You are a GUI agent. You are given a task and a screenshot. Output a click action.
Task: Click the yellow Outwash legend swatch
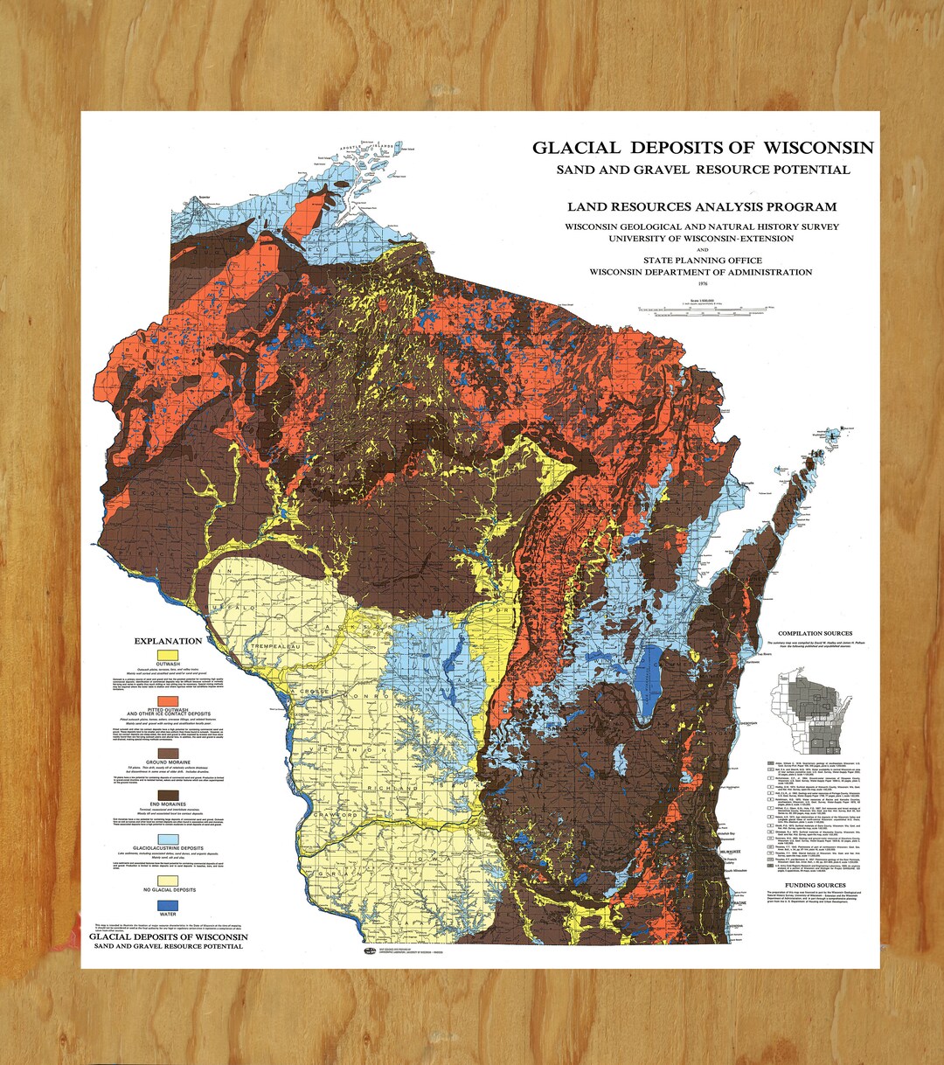click(167, 654)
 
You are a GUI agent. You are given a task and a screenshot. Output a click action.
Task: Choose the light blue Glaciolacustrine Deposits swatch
click(167, 839)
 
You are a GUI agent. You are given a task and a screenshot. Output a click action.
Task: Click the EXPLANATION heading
click(167, 641)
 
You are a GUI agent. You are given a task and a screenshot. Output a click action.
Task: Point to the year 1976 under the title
click(701, 284)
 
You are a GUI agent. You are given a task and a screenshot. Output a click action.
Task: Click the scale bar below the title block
click(705, 309)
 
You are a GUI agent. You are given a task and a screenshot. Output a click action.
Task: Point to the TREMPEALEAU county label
click(254, 645)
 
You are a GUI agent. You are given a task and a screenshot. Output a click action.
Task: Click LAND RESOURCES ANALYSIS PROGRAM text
click(701, 207)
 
